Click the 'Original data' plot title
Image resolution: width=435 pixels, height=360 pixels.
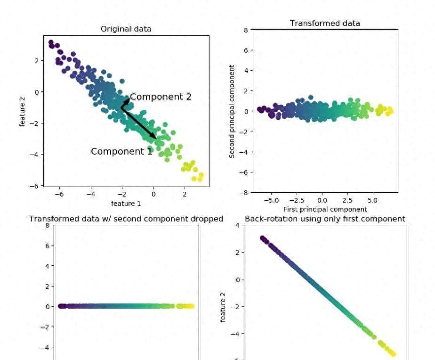click(126, 29)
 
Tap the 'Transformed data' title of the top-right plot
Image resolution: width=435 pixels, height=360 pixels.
click(325, 23)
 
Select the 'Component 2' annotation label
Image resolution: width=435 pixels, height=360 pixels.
click(161, 97)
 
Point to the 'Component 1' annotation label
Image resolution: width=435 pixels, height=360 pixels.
click(121, 151)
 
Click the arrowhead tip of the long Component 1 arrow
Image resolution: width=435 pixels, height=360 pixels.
click(156, 138)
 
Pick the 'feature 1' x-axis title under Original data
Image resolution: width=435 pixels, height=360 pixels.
click(126, 204)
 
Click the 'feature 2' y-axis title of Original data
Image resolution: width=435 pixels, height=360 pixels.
click(22, 111)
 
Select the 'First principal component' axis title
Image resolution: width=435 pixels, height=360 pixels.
click(325, 209)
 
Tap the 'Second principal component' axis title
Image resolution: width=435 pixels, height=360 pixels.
click(232, 111)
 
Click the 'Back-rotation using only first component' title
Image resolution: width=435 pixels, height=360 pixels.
click(325, 219)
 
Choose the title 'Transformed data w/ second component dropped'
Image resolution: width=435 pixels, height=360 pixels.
click(126, 219)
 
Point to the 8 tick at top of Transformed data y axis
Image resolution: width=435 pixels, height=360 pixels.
click(245, 30)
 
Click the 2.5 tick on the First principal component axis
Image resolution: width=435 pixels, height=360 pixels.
click(347, 200)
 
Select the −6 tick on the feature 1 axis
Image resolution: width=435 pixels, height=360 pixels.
click(59, 193)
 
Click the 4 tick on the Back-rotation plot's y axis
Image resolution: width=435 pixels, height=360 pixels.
click(237, 225)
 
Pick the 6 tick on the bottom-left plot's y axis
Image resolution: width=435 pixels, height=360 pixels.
click(48, 245)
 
